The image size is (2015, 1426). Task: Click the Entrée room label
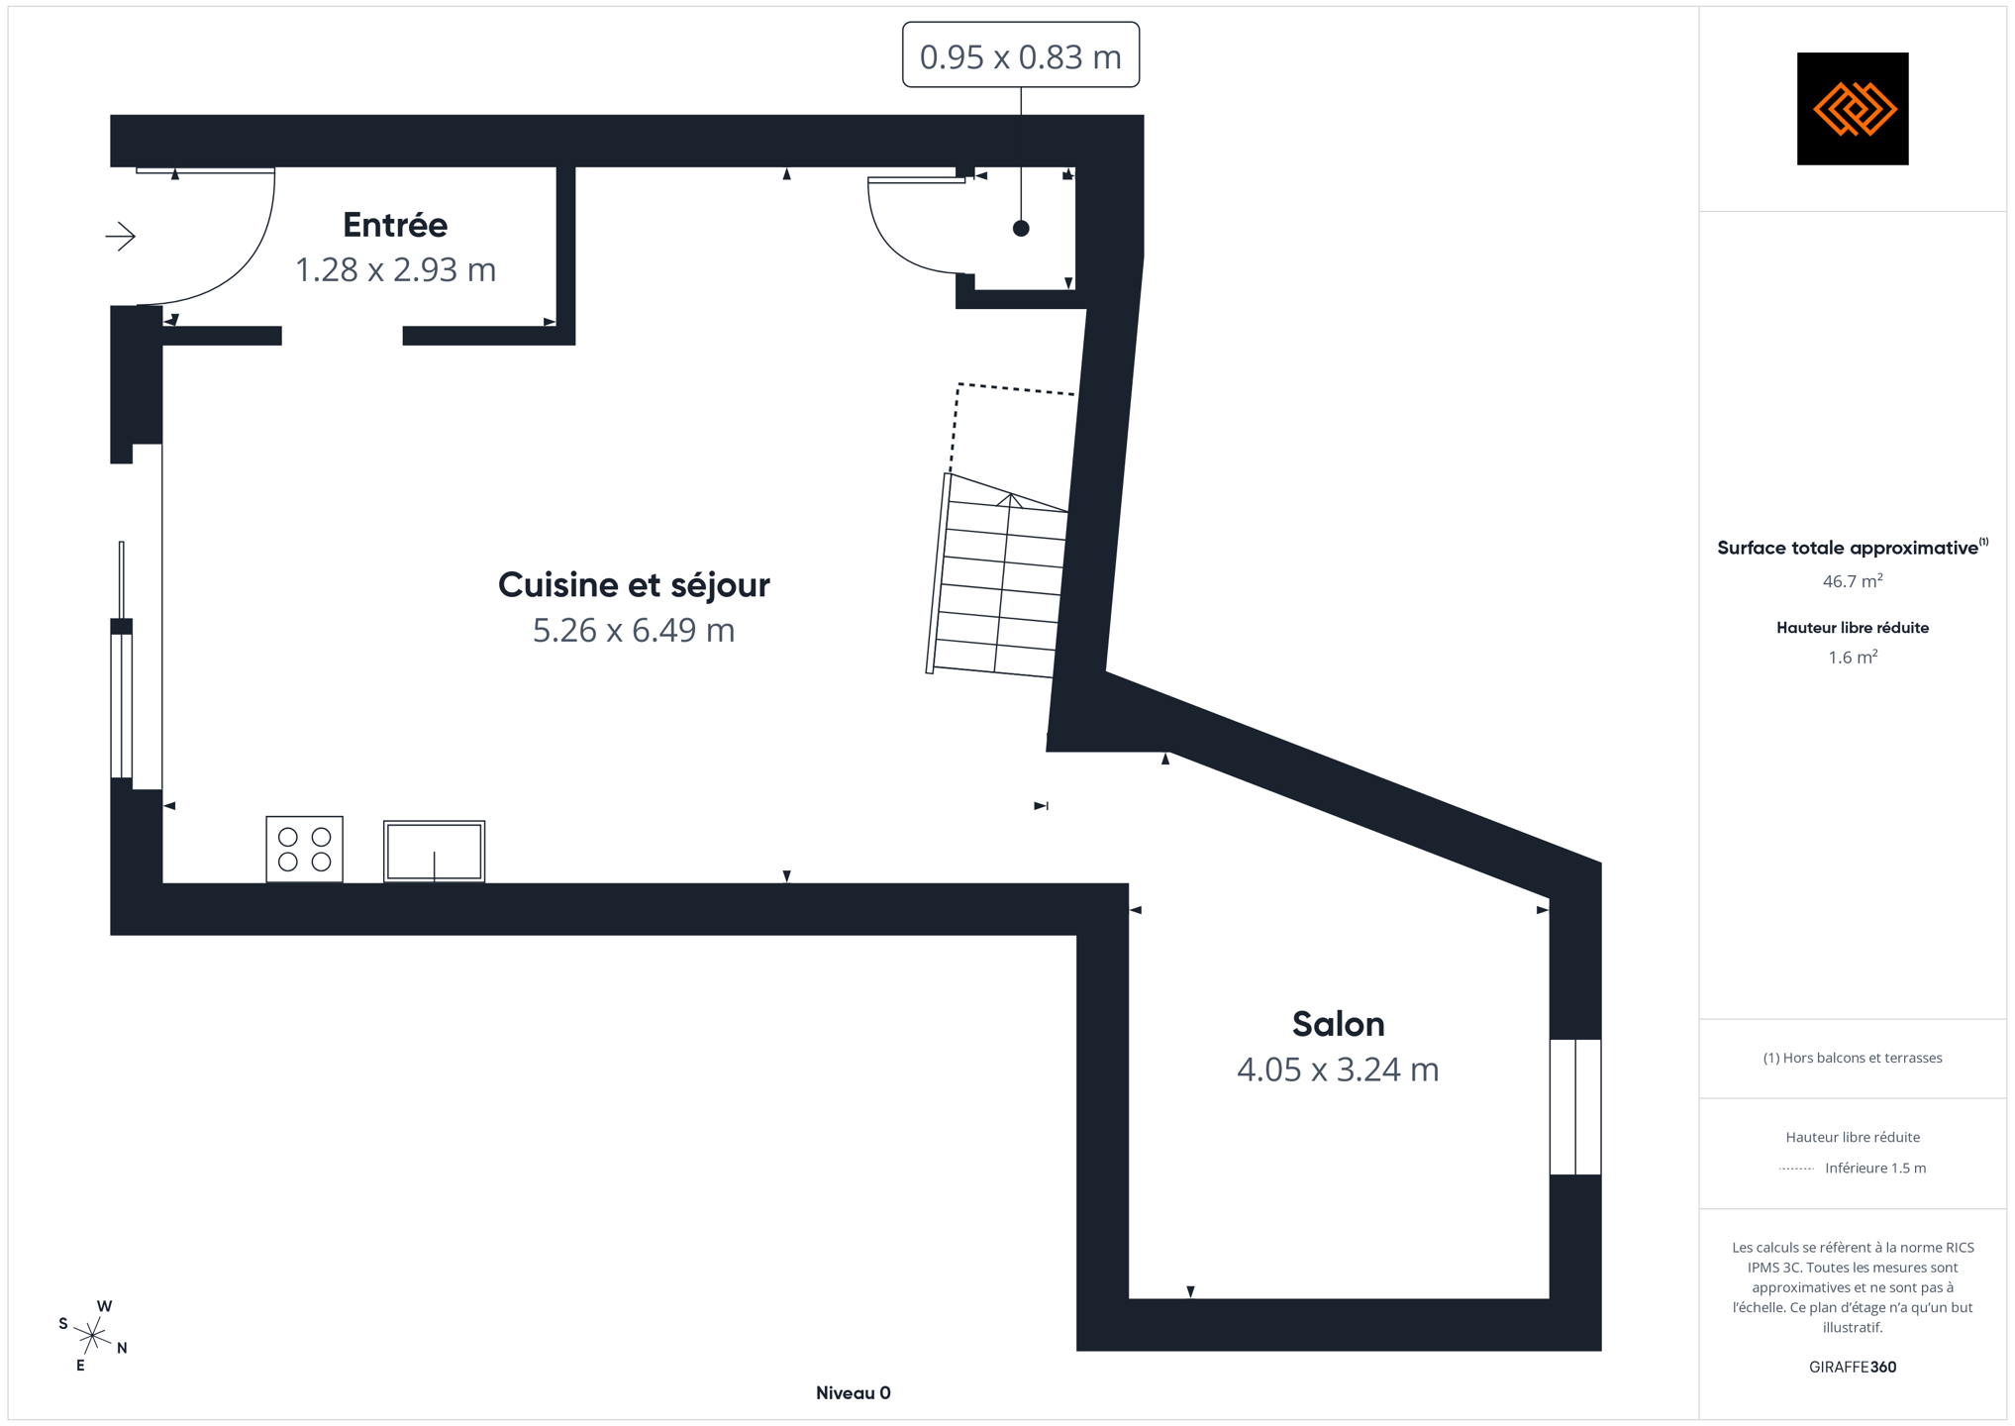pyautogui.click(x=395, y=225)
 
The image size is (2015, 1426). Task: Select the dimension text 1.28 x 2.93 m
pyautogui.click(x=395, y=269)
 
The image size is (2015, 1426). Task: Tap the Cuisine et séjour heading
pyautogui.click(x=634, y=584)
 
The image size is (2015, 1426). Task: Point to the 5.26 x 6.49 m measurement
pyautogui.click(x=634, y=630)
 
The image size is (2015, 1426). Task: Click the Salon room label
pyautogui.click(x=1338, y=1024)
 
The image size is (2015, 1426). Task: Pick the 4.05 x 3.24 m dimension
pyautogui.click(x=1338, y=1069)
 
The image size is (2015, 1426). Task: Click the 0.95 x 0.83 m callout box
pyautogui.click(x=1021, y=55)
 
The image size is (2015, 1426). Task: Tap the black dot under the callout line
pyautogui.click(x=1021, y=229)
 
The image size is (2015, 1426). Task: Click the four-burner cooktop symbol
pyautogui.click(x=304, y=849)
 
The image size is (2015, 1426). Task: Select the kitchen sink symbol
pyautogui.click(x=434, y=851)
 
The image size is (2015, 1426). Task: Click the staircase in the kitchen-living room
pyautogui.click(x=997, y=575)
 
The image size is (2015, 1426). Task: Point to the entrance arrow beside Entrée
pyautogui.click(x=121, y=236)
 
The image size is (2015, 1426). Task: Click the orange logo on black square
pyautogui.click(x=1853, y=109)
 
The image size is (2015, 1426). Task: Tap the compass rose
pyautogui.click(x=92, y=1336)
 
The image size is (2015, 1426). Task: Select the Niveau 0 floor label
pyautogui.click(x=854, y=1393)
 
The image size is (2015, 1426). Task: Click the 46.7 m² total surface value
pyautogui.click(x=1853, y=580)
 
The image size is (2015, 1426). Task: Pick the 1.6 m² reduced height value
pyautogui.click(x=1853, y=657)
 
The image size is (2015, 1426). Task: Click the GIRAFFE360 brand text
pyautogui.click(x=1853, y=1367)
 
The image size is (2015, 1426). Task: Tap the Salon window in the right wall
pyautogui.click(x=1575, y=1107)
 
